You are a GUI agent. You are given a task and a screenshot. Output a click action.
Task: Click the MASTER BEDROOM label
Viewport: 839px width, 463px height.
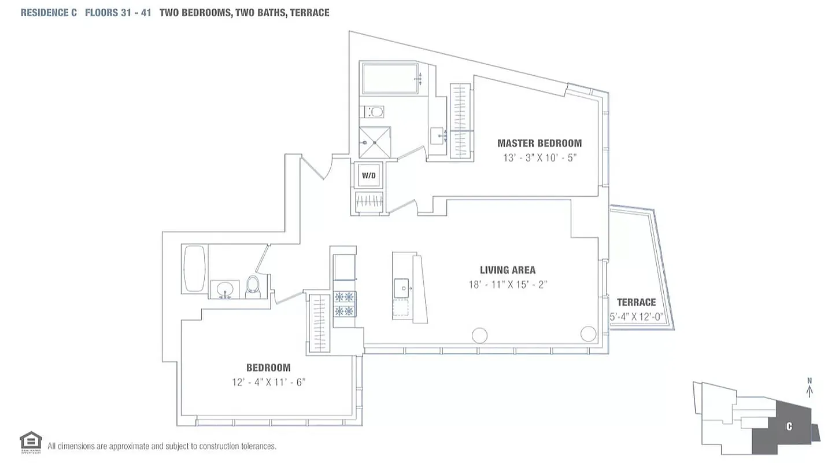[539, 143]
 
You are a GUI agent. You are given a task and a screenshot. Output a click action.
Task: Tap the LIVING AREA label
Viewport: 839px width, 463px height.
[508, 270]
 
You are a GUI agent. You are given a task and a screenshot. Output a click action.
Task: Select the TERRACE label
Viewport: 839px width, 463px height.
[636, 302]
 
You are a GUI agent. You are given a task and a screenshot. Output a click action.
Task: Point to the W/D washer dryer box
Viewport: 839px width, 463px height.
[369, 175]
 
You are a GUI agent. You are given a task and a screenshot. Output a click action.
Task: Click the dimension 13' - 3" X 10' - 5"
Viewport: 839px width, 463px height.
[540, 158]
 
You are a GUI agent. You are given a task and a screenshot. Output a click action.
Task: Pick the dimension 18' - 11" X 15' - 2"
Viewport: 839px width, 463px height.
[508, 285]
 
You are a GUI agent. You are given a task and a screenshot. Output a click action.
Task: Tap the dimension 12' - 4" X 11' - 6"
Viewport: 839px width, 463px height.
[268, 382]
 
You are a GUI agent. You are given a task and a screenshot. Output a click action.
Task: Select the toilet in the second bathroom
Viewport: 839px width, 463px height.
[253, 285]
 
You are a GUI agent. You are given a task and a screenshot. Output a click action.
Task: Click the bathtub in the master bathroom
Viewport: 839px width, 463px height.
[391, 79]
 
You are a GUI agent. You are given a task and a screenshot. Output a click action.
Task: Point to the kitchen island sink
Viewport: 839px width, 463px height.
[401, 286]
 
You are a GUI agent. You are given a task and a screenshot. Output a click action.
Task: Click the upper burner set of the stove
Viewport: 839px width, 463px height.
[345, 297]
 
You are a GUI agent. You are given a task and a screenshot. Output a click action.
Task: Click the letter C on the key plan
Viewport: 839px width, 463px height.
[789, 427]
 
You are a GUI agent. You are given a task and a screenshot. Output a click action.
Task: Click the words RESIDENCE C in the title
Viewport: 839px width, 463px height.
[49, 13]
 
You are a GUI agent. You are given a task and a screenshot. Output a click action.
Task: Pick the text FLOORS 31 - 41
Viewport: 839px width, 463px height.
[118, 13]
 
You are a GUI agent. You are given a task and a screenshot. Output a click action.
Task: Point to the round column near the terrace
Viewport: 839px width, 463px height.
[588, 334]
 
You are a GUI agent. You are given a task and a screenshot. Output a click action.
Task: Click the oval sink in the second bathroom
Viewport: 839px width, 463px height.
[224, 288]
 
